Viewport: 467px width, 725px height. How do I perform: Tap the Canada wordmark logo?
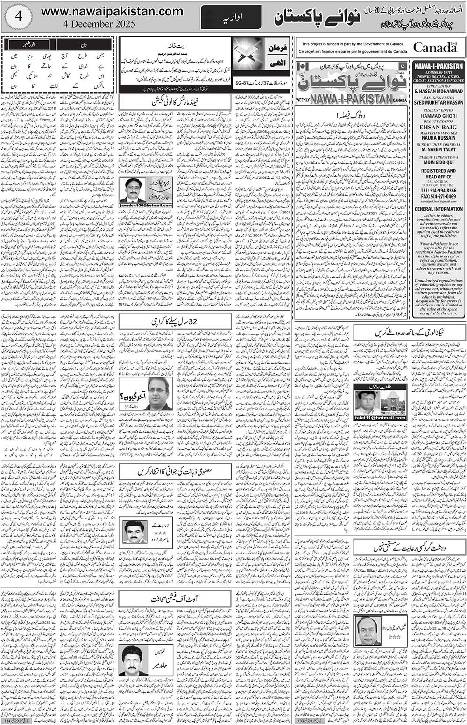(x=434, y=47)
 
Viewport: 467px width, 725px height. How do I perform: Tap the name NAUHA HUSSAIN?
(x=438, y=138)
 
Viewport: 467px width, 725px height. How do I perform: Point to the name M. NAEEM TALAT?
(x=438, y=150)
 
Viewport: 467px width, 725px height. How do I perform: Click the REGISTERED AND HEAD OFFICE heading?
(x=438, y=174)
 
